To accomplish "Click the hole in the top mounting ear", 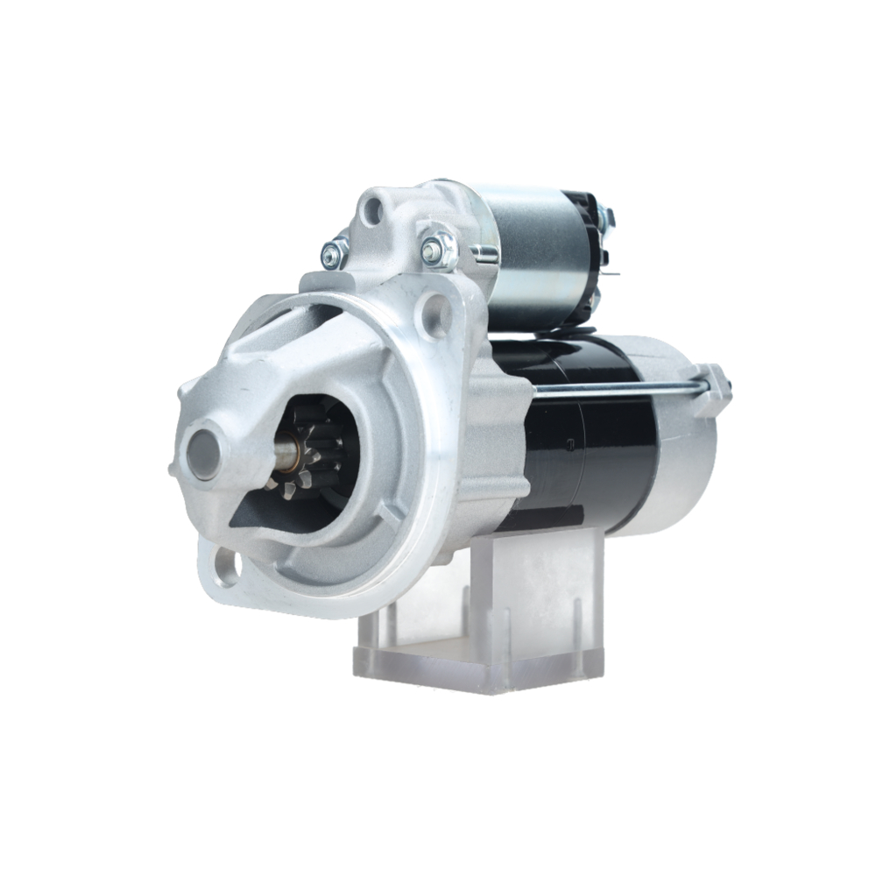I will coord(375,209).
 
